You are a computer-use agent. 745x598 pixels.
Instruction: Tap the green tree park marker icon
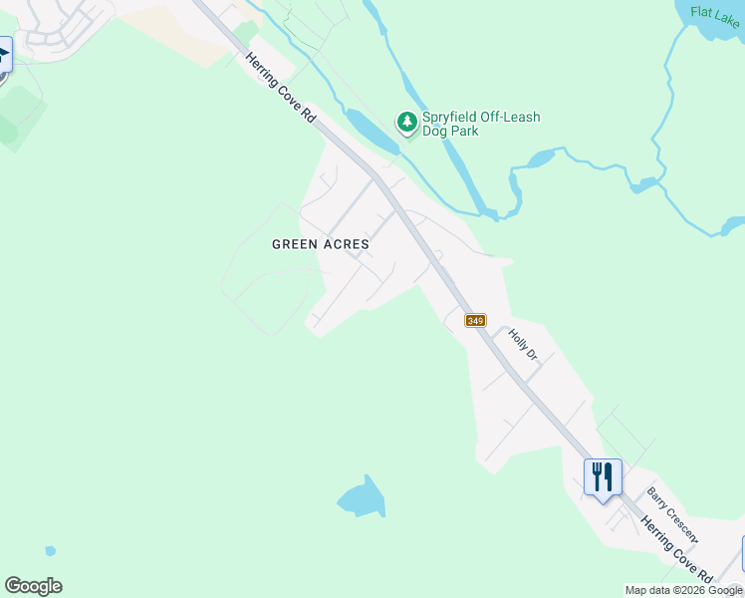pos(406,123)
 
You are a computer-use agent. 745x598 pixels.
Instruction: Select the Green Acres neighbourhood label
pos(321,244)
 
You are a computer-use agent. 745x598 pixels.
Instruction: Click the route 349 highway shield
pos(475,320)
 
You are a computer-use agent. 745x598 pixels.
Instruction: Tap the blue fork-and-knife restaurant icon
pos(603,476)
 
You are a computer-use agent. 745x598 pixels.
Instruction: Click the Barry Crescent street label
pos(672,513)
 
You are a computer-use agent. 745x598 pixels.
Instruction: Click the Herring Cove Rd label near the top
pos(281,89)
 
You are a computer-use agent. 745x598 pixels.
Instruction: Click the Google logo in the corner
pos(33,586)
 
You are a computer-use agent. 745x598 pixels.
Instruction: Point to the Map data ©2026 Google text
pos(683,590)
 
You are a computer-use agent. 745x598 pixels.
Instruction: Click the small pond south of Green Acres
pos(363,495)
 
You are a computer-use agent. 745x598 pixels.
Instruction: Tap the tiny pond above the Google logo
pos(50,550)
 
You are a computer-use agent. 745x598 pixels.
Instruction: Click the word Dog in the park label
pos(435,131)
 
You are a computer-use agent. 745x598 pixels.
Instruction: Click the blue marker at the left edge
pos(4,54)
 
